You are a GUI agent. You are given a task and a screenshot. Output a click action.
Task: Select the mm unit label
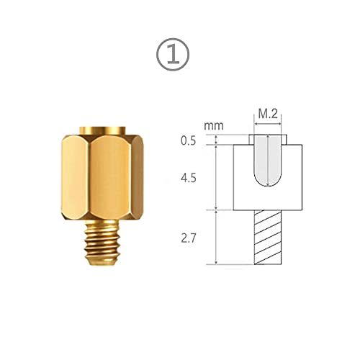click(213, 125)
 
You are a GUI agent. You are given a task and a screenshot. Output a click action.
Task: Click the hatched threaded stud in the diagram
click(268, 237)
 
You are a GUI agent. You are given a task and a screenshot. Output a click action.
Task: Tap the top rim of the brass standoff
click(104, 130)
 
